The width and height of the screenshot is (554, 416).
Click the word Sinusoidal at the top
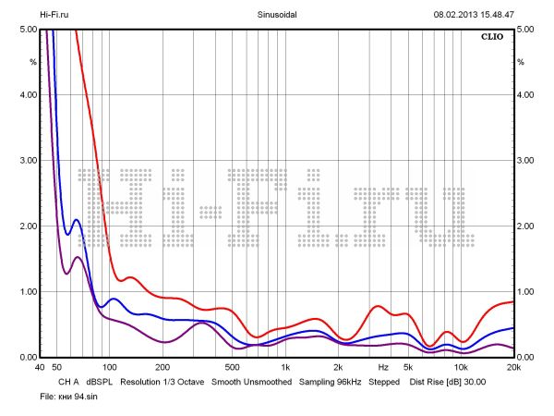pyautogui.click(x=277, y=15)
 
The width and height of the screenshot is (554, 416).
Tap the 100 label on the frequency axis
pyautogui.click(x=109, y=367)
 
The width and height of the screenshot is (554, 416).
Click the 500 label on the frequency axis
pyautogui.click(x=232, y=367)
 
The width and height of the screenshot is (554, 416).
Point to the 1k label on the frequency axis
pyautogui.click(x=285, y=367)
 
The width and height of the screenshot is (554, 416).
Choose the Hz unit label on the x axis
pyautogui.click(x=383, y=367)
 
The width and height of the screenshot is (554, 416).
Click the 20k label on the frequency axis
pyautogui.click(x=513, y=367)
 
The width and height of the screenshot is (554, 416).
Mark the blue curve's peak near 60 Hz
pyautogui.click(x=76, y=220)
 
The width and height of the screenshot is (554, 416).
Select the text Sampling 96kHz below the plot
pyautogui.click(x=330, y=381)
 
